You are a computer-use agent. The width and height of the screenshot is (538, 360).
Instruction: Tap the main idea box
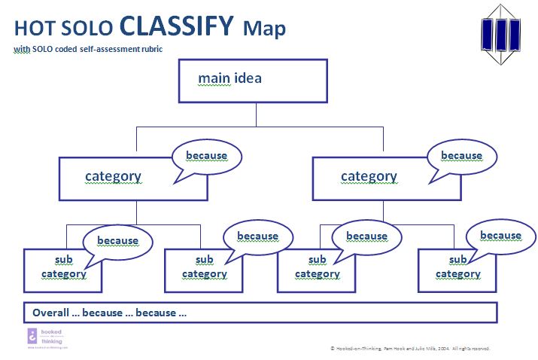click(252, 80)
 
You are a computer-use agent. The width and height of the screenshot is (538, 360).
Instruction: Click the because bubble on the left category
click(206, 156)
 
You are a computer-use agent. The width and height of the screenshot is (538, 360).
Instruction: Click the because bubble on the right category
click(461, 156)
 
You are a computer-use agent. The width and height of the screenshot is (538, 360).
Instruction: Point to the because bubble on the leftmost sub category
click(117, 241)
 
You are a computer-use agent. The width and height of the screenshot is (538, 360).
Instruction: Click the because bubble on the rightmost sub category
click(500, 235)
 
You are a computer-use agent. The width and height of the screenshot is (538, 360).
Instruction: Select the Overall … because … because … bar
click(260, 312)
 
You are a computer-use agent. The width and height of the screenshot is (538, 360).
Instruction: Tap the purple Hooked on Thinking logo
click(33, 337)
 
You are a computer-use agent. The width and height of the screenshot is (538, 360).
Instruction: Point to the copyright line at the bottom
click(410, 349)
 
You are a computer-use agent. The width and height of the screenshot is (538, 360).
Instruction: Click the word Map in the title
click(264, 29)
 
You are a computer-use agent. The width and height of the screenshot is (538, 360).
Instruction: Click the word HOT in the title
click(31, 29)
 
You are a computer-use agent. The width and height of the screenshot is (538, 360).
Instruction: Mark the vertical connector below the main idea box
click(257, 114)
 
